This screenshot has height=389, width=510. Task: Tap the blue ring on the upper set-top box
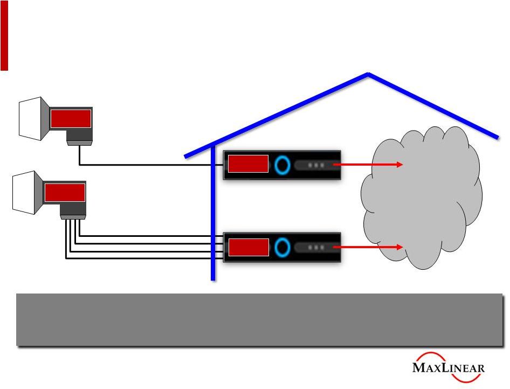(x=281, y=164)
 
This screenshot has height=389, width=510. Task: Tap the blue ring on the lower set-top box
(x=281, y=247)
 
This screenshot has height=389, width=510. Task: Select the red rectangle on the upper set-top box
(x=247, y=163)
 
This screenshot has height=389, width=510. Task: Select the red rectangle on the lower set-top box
(x=247, y=247)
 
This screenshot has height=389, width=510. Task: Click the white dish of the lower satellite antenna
(x=25, y=193)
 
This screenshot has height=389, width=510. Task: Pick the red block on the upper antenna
(x=71, y=118)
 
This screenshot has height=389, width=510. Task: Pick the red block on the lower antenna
(x=65, y=192)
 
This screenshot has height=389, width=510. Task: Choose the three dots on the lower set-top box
(x=316, y=247)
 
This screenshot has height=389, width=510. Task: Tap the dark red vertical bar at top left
(x=4, y=35)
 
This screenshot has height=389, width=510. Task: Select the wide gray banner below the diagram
(x=259, y=319)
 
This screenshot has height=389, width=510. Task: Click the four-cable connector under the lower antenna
(x=72, y=217)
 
